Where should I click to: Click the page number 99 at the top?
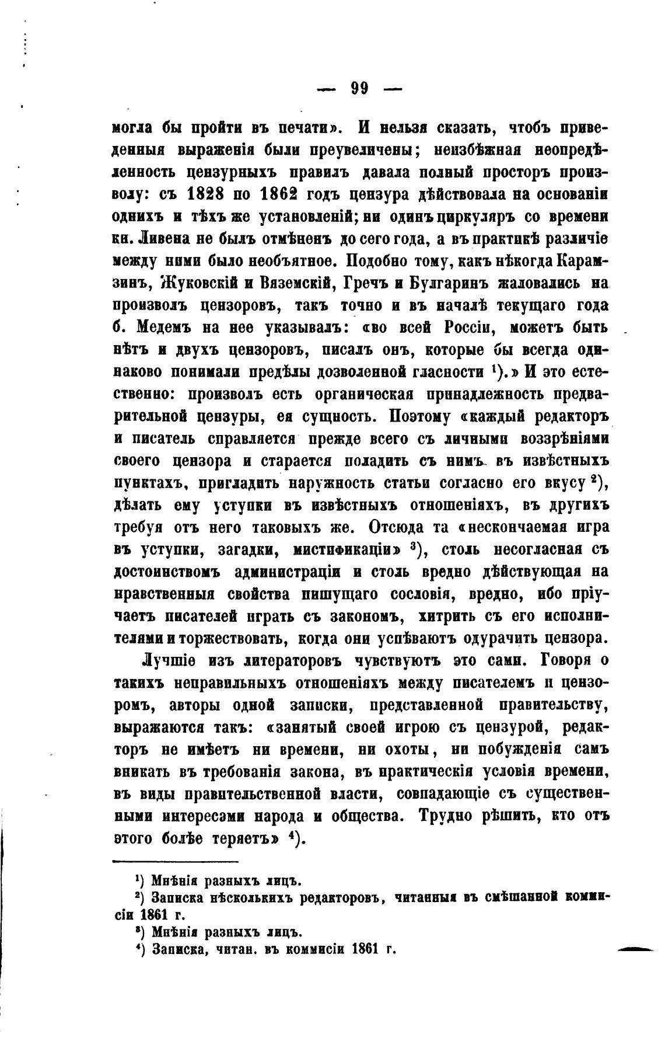tap(359, 88)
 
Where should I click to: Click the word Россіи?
tap(471, 327)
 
